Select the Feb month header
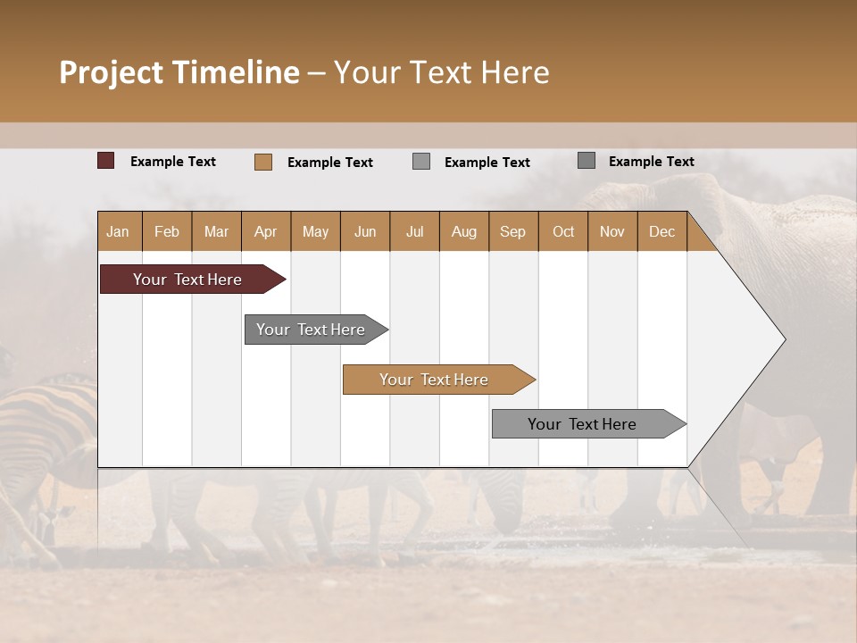(167, 232)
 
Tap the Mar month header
(216, 232)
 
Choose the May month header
(315, 232)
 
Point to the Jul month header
(414, 232)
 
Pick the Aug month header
(463, 232)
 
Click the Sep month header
(512, 232)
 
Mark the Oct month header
(562, 232)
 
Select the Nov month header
(612, 232)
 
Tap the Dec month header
(661, 232)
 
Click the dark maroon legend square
(106, 161)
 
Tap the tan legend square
(263, 162)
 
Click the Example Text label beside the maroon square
(173, 162)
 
